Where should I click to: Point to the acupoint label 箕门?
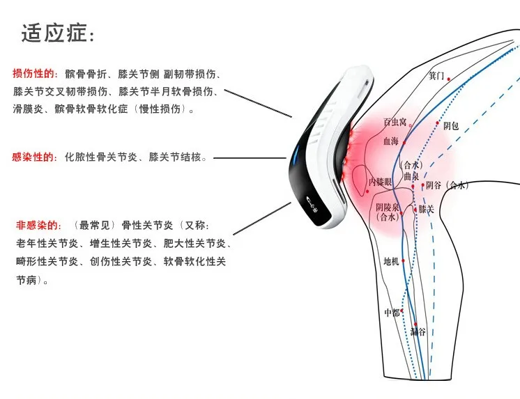click(436, 75)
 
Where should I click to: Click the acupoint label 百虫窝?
click(395, 123)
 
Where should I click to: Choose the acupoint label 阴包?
click(451, 126)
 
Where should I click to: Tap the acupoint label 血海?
click(391, 141)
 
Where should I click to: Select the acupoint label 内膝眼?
click(380, 182)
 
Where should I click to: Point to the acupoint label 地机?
click(391, 262)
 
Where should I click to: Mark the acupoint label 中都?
click(392, 313)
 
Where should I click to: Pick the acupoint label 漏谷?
click(418, 333)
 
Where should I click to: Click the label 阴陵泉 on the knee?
click(387, 208)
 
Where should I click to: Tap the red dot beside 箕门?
click(449, 79)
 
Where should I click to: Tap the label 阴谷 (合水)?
click(447, 185)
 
